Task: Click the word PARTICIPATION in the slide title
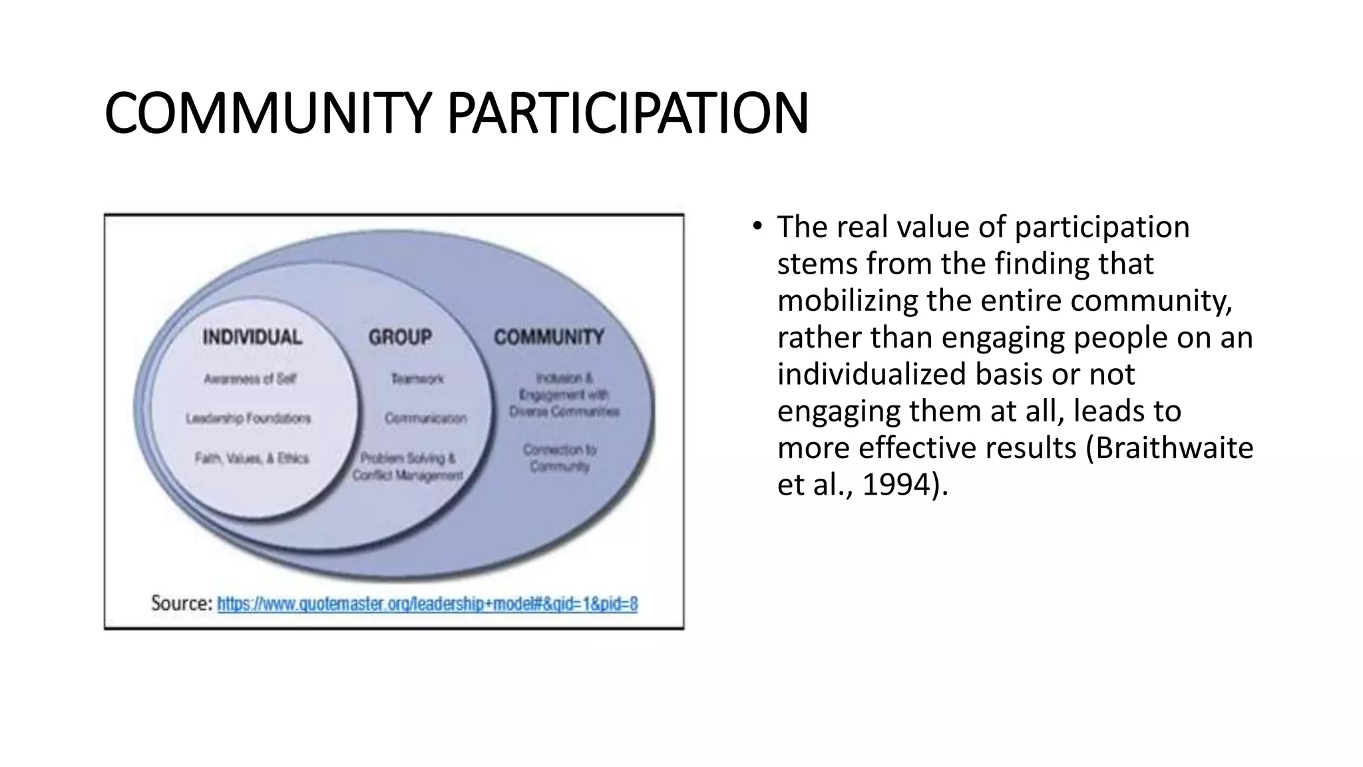pos(628,113)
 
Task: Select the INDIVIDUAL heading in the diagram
pos(252,337)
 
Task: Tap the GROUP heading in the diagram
pos(400,337)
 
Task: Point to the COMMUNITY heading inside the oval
pos(549,337)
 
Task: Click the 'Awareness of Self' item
pos(250,379)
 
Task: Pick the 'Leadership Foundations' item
pos(248,418)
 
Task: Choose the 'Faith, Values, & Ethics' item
pos(252,458)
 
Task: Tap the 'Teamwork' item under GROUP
pos(417,379)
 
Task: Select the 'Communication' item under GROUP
pos(426,418)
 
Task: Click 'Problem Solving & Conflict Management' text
pos(407,466)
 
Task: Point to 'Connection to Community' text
pos(560,457)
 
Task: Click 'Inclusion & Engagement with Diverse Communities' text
pos(564,395)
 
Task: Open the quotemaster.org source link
pos(427,604)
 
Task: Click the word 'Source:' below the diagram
pos(182,604)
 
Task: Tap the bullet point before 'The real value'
pos(757,227)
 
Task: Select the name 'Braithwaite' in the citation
pos(1174,448)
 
